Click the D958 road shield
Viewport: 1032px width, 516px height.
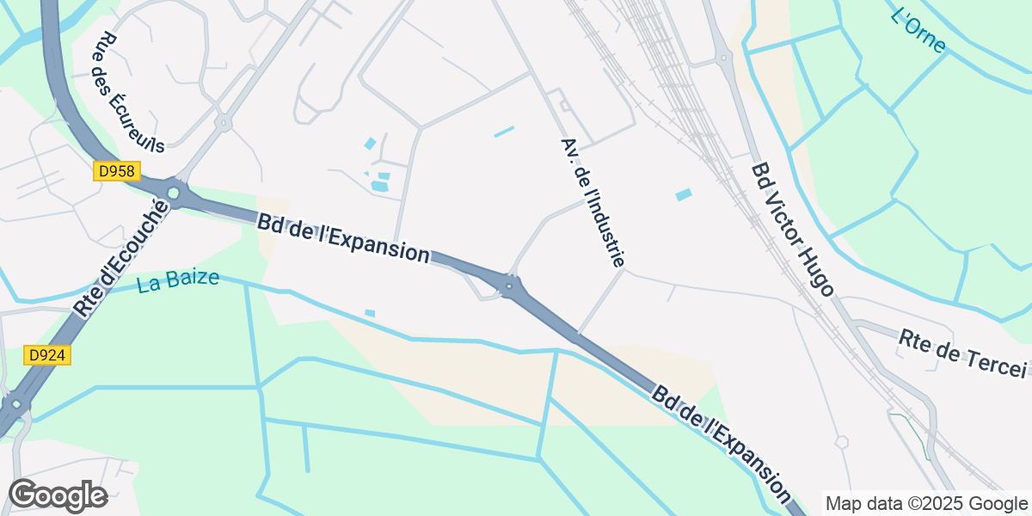pos(116,172)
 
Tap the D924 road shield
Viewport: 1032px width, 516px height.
pos(47,355)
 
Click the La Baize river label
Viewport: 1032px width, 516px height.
pos(178,281)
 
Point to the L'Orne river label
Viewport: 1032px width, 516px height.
pos(918,30)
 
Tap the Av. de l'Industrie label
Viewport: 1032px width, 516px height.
pos(593,201)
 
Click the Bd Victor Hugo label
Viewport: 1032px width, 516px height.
pos(792,230)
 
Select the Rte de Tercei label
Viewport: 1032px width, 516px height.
pos(962,353)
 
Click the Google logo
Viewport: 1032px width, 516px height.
pos(58,496)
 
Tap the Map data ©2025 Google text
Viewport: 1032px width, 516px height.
pos(926,503)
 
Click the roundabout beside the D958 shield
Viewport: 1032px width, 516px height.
pos(175,194)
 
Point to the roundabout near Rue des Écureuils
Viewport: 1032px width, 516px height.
pos(224,123)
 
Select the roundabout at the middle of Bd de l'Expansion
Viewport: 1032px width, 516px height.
pos(510,286)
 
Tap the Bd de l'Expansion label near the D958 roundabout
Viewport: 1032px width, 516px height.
pos(342,236)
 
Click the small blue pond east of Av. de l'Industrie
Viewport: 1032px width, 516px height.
pos(684,195)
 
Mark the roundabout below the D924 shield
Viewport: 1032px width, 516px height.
pos(15,404)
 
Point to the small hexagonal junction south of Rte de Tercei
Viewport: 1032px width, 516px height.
pos(841,442)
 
